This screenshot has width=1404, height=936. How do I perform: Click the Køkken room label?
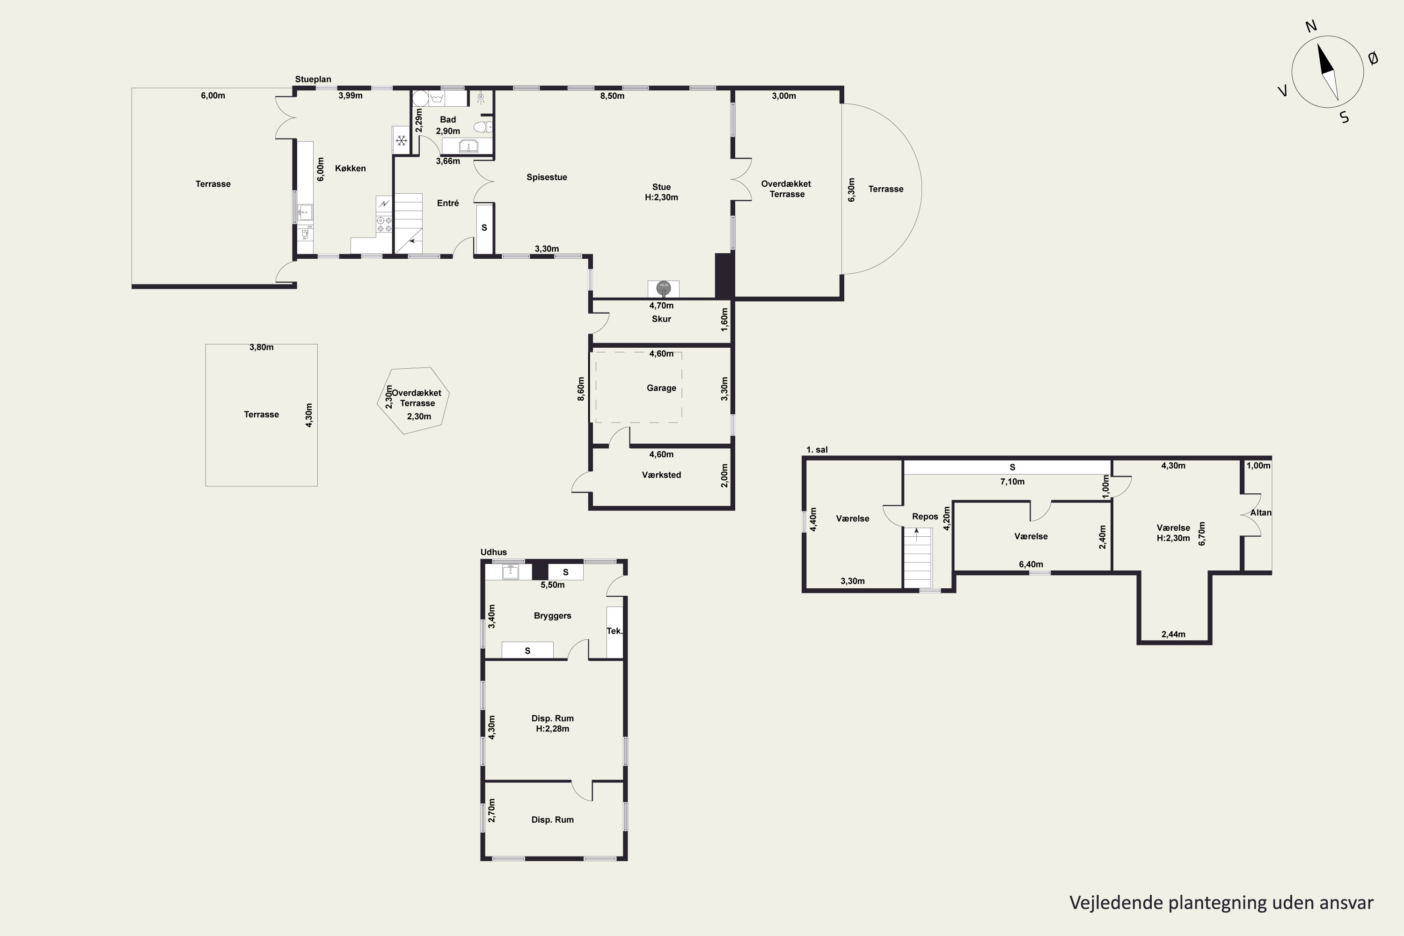(351, 168)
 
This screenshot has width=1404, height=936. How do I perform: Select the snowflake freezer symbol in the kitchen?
(402, 141)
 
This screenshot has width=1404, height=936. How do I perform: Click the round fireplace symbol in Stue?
(663, 289)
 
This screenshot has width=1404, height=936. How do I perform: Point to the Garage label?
(661, 388)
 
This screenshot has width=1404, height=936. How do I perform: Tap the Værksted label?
(661, 475)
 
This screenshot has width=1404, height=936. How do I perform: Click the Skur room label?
(661, 319)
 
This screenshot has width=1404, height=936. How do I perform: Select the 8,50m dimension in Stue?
(613, 95)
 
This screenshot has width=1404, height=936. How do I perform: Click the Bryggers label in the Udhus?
(553, 615)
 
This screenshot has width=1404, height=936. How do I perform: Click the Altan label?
(1261, 513)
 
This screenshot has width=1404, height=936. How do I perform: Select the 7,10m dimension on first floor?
(1012, 482)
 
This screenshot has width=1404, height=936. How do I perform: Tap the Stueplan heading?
(313, 80)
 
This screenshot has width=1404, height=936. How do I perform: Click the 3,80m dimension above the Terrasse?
(262, 347)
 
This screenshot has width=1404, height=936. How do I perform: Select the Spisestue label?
(547, 177)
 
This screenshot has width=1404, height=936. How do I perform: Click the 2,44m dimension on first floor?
(1174, 635)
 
